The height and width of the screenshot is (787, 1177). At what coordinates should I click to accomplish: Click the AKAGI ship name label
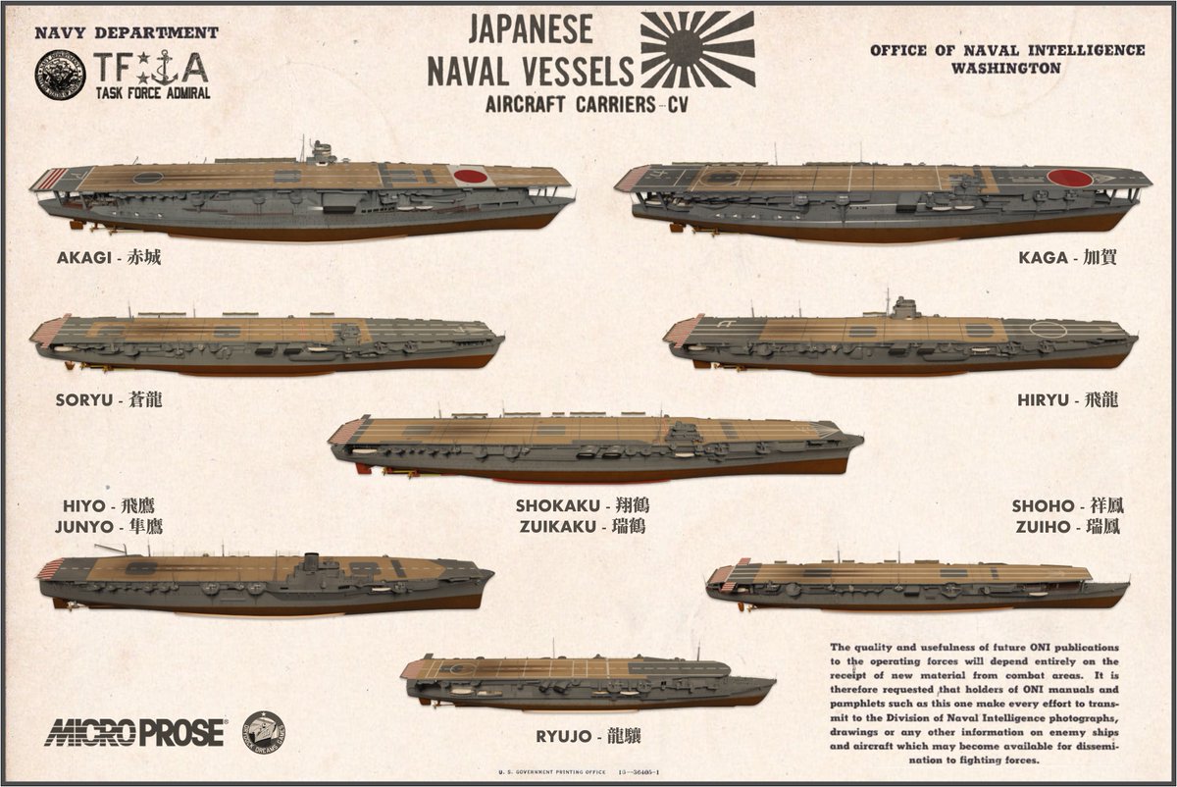tap(109, 258)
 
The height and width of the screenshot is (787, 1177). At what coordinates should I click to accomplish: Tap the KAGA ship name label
tap(1067, 258)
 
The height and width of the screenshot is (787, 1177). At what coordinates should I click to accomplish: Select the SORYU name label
tap(109, 400)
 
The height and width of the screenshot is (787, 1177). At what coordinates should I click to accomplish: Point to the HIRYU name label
tap(1068, 400)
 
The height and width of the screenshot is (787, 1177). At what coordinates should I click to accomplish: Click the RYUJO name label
tap(588, 737)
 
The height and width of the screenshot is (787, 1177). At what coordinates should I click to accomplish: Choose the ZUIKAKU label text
tap(583, 527)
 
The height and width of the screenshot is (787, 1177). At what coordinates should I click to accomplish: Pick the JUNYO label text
tap(109, 527)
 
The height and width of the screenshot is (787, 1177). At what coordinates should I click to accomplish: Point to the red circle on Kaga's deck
tap(1070, 179)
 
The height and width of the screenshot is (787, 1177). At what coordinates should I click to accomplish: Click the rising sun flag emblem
tap(697, 49)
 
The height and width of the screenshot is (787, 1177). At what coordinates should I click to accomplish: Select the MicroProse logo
tap(135, 732)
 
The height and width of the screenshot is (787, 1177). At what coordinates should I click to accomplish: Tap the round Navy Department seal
tap(61, 76)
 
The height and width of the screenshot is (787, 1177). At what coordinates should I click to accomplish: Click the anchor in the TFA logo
tap(165, 68)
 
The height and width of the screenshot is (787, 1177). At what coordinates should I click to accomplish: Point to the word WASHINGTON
tap(1006, 69)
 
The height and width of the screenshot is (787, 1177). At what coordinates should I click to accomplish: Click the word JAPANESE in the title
tap(531, 29)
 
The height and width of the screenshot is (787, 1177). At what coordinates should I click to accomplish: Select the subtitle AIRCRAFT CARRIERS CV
tap(587, 105)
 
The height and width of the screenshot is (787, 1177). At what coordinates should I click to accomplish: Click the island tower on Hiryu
tap(903, 308)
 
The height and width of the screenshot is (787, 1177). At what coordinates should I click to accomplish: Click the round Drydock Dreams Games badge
tap(264, 730)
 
